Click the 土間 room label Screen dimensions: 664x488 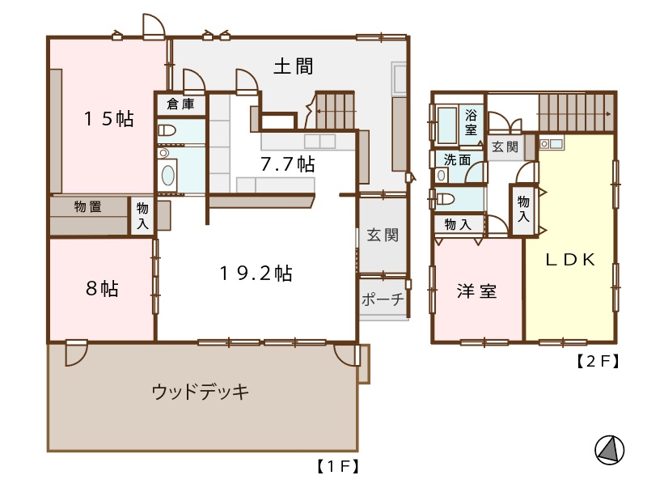(x=294, y=66)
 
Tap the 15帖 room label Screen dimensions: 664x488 (x=109, y=119)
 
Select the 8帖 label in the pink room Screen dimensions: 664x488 (x=102, y=288)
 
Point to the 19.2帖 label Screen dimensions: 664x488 (x=256, y=274)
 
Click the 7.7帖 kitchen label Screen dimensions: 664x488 (x=288, y=164)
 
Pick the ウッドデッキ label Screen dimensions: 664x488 (x=201, y=392)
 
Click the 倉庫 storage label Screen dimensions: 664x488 (x=180, y=104)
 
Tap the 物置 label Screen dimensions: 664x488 (x=88, y=206)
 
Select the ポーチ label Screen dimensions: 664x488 (x=383, y=299)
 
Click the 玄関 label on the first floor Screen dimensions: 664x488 (x=383, y=236)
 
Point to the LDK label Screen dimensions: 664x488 (x=570, y=259)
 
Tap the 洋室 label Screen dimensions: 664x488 (x=477, y=291)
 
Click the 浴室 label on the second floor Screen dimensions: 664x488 (x=471, y=122)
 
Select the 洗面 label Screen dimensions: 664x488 (x=458, y=159)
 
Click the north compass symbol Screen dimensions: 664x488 (x=610, y=450)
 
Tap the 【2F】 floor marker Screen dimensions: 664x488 (x=598, y=361)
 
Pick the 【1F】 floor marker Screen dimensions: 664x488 (x=338, y=466)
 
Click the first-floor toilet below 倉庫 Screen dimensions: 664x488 (x=167, y=130)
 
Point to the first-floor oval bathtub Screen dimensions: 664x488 (x=167, y=176)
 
